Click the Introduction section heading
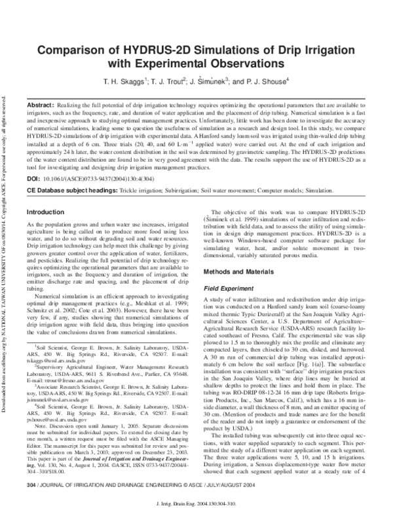[47, 212]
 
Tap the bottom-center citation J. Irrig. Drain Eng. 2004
[196, 499]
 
